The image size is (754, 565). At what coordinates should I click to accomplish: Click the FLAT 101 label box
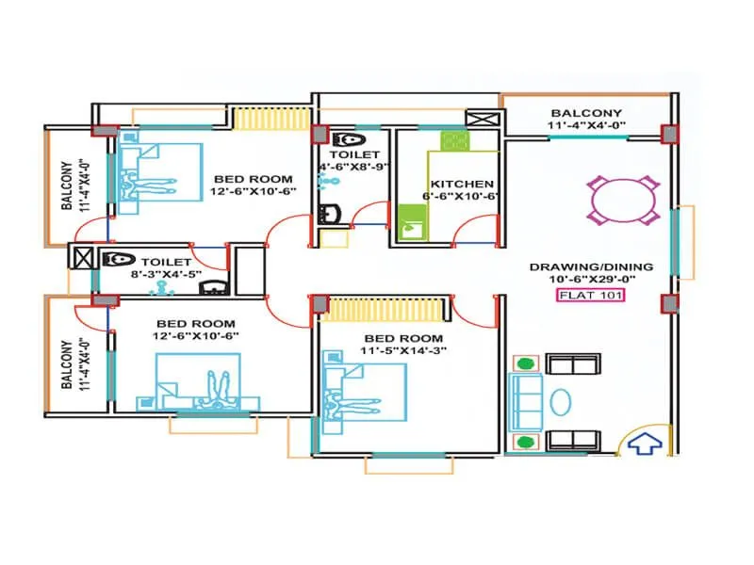[x=590, y=296]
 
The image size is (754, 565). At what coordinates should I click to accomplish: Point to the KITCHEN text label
[x=460, y=184]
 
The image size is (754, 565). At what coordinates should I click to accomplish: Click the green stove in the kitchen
[x=456, y=141]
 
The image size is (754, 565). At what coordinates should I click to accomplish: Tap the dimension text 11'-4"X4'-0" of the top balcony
[x=586, y=125]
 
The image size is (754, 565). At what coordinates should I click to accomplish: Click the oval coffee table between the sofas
[x=560, y=401]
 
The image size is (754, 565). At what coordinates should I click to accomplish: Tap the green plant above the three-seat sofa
[x=526, y=363]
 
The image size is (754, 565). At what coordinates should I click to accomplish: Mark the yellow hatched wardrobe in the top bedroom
[x=258, y=119]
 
